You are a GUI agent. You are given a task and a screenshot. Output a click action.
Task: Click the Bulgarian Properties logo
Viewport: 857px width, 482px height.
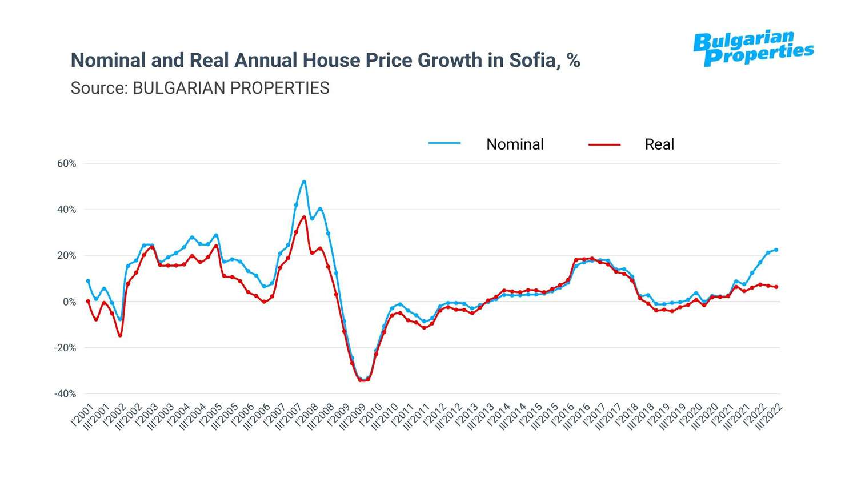(753, 49)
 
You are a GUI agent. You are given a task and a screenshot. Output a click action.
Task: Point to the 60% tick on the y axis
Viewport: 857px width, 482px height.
(66, 164)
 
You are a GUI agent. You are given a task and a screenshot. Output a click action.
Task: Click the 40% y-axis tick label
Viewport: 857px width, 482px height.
(66, 210)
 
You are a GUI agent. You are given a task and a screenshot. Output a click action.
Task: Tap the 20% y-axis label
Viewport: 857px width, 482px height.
(66, 256)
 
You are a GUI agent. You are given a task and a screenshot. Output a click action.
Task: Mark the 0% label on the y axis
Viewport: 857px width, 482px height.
(69, 302)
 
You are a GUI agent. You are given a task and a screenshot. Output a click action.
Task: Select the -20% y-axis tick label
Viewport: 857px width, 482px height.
(65, 348)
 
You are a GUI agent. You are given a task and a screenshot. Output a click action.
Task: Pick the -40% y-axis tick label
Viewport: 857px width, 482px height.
(65, 394)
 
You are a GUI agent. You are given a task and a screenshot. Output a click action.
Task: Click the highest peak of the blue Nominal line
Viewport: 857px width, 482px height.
(304, 182)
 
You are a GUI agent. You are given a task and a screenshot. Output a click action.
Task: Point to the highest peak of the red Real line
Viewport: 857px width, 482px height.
(304, 217)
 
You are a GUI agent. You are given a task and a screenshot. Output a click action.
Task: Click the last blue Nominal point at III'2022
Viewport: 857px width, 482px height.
(776, 250)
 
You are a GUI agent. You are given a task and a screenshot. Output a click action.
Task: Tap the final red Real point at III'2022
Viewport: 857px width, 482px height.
(776, 287)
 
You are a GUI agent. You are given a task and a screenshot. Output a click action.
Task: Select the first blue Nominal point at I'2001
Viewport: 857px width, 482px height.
(88, 281)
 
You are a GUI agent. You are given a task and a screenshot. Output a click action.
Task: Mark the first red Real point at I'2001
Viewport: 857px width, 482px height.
(88, 301)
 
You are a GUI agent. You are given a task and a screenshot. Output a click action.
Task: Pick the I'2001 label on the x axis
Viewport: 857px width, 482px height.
(82, 415)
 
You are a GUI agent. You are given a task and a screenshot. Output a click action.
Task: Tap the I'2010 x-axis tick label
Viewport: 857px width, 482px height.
(370, 415)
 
